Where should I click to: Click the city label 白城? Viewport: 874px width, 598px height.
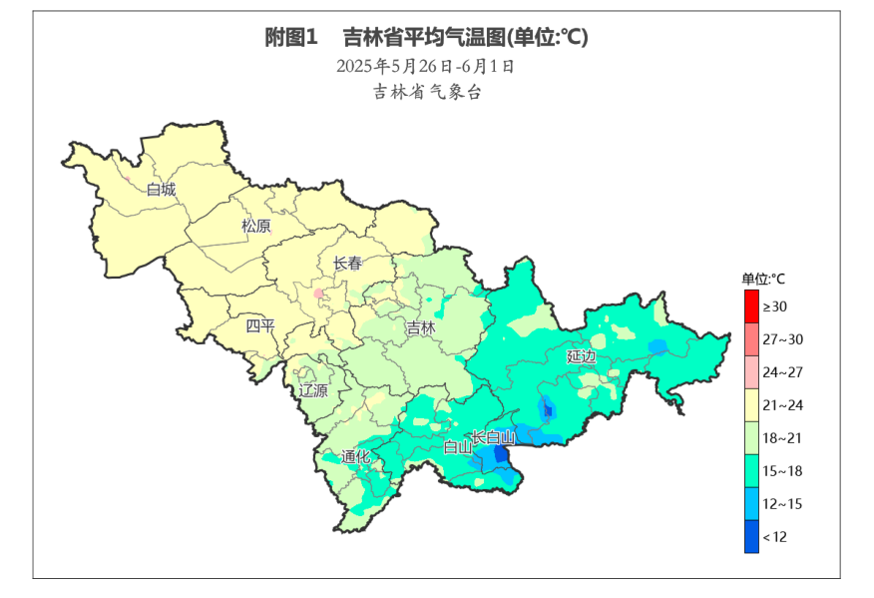[x=161, y=189]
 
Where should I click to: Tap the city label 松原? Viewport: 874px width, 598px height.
[x=256, y=226]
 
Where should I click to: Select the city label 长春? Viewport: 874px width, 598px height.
[x=347, y=264]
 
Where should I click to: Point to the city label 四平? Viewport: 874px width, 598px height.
[x=260, y=325]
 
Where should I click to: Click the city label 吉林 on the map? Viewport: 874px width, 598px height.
[x=421, y=327]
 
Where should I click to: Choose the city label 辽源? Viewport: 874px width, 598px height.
[x=313, y=390]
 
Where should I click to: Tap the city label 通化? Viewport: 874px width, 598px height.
[x=355, y=457]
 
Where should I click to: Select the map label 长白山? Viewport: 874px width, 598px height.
[x=493, y=437]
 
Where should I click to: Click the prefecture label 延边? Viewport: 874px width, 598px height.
[x=582, y=356]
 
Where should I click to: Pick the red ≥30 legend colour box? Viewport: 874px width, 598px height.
[x=751, y=306]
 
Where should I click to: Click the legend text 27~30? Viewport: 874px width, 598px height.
[x=782, y=339]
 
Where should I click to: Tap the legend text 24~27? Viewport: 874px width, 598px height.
[x=782, y=372]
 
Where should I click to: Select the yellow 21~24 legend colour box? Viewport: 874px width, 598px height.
[x=751, y=405]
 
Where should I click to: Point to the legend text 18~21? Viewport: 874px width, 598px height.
[x=782, y=438]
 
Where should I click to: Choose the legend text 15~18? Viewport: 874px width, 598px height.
[x=782, y=471]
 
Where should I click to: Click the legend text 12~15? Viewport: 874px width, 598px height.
[x=782, y=504]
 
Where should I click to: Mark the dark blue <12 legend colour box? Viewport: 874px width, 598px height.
[x=751, y=537]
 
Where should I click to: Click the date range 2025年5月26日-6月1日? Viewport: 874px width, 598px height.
[x=426, y=67]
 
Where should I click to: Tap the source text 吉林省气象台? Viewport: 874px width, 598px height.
[x=427, y=92]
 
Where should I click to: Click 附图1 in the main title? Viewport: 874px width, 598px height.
[x=290, y=38]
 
